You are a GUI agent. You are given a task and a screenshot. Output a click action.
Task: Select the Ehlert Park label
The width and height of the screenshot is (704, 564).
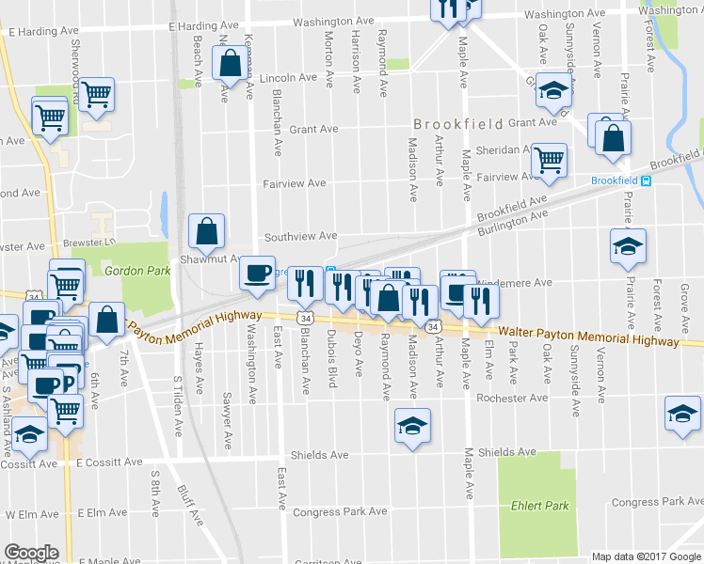point(540,506)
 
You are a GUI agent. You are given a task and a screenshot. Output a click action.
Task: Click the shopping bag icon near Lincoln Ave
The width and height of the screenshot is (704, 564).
point(230,65)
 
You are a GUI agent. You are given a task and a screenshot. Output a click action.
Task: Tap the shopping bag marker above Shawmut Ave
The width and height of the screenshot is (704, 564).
point(206,231)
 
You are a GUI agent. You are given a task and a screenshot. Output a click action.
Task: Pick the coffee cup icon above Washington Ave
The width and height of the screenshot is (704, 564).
point(257,273)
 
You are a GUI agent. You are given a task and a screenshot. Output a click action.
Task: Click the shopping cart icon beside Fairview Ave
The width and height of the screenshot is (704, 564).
point(549,160)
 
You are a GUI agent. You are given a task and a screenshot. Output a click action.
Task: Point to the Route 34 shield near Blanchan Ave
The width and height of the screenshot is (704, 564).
point(305,319)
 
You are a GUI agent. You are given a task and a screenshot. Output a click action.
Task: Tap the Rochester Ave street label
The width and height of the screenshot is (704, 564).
point(511,398)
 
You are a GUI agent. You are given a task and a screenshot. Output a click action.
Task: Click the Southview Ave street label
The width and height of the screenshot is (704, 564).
point(299,236)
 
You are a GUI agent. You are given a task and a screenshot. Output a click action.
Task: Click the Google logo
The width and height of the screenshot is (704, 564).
point(31,553)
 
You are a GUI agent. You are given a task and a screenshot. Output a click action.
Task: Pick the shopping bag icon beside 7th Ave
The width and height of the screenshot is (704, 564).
point(108,319)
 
